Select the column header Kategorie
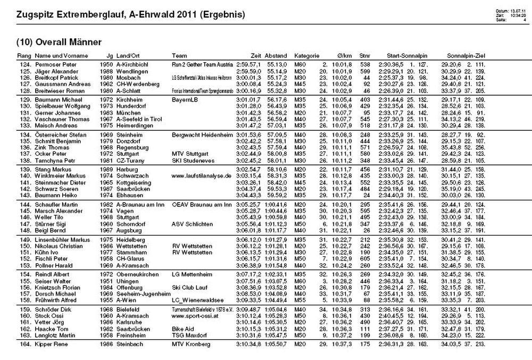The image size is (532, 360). pyautogui.click(x=306, y=55)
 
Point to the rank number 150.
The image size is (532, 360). pyautogui.click(x=25, y=246)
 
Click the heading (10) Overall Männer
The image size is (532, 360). pyautogui.click(x=59, y=42)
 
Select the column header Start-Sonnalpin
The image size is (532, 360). pyautogui.click(x=407, y=55)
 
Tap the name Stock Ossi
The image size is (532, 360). pyautogui.click(x=51, y=315)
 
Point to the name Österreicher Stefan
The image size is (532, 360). pyautogui.click(x=61, y=136)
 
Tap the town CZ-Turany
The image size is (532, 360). pyautogui.click(x=130, y=160)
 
